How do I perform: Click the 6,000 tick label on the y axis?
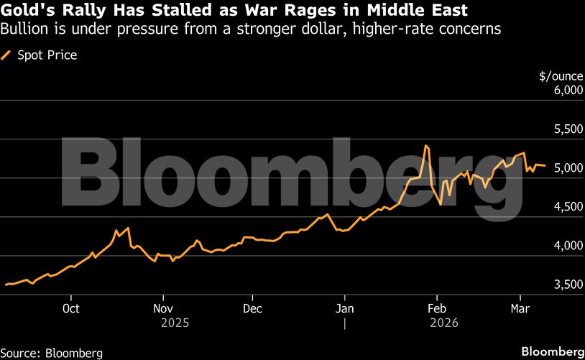click(565, 90)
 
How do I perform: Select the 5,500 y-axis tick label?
click(565, 129)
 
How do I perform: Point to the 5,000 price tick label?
click(565, 168)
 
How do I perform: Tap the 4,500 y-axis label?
click(565, 207)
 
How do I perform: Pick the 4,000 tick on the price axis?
click(565, 246)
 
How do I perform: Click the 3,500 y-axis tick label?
click(565, 285)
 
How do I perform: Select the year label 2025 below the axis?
click(175, 324)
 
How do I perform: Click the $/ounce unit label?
click(559, 75)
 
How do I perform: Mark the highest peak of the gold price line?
click(426, 146)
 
